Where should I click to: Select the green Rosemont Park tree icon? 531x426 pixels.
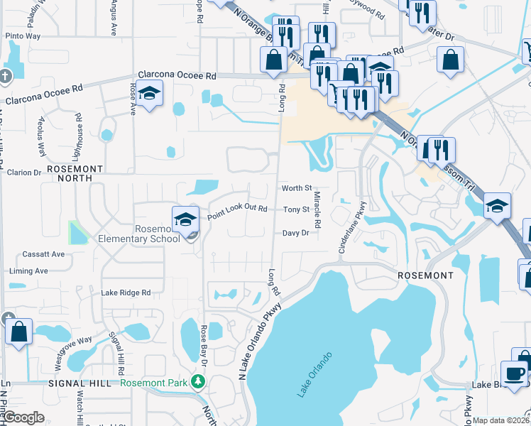199,383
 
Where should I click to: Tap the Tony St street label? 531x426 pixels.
297,210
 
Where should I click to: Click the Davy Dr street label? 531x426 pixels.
296,233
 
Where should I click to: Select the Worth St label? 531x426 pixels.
297,188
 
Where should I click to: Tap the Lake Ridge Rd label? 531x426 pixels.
126,293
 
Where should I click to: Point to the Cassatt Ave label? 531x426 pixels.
43,254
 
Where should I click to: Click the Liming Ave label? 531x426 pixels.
28,271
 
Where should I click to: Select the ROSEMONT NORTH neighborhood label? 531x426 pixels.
70,173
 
